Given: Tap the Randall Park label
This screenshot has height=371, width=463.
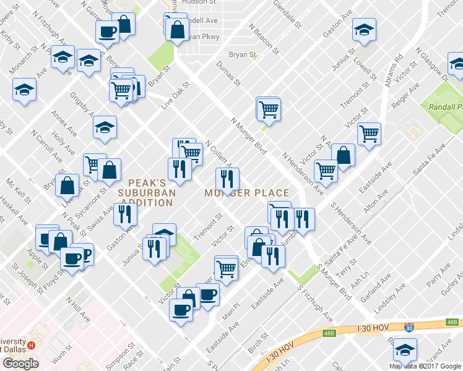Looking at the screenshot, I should (445, 106).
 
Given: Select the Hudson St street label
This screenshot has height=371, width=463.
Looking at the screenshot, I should (199, 2).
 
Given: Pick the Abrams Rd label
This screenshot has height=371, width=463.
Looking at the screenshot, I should (394, 69).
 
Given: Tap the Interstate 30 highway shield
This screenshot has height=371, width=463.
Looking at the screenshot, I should (409, 328).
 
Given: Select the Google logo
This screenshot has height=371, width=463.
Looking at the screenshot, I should (20, 364).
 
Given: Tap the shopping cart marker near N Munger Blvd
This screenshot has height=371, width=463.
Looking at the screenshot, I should (269, 109).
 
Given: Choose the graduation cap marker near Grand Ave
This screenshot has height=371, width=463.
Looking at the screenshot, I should (405, 351).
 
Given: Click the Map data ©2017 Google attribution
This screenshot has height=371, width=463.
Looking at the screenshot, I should (425, 366).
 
